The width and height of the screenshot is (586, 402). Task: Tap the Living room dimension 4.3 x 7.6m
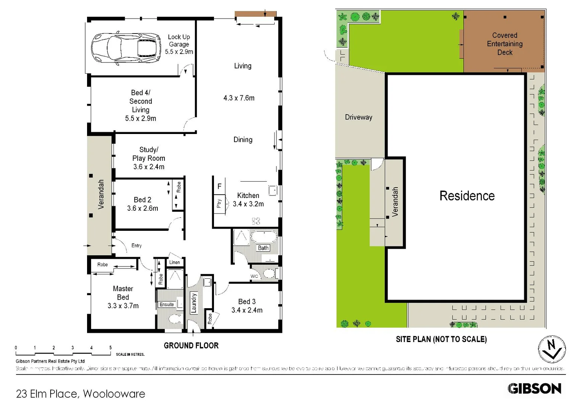pyautogui.click(x=239, y=98)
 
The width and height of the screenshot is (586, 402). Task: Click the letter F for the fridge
pyautogui.click(x=220, y=186)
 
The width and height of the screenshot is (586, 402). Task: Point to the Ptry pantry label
pyautogui.click(x=219, y=203)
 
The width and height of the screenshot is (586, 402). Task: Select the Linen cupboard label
pyautogui.click(x=174, y=262)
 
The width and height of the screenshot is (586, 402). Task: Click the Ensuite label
pyautogui.click(x=166, y=304)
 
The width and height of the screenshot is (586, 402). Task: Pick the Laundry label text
pyautogui.click(x=194, y=303)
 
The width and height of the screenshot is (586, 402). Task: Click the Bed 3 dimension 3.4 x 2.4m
pyautogui.click(x=247, y=310)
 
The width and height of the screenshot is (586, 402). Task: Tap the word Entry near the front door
pyautogui.click(x=137, y=246)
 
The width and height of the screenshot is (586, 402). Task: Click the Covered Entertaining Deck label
pyautogui.click(x=505, y=44)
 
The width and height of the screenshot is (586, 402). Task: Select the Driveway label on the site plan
pyautogui.click(x=358, y=117)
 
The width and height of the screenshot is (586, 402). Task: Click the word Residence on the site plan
pyautogui.click(x=467, y=196)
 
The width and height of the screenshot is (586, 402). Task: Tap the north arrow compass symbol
pyautogui.click(x=552, y=349)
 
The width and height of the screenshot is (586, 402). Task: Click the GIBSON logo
pyautogui.click(x=534, y=389)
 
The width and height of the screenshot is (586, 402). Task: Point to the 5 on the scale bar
pyautogui.click(x=111, y=348)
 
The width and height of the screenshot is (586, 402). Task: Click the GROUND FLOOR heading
pyautogui.click(x=191, y=345)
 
